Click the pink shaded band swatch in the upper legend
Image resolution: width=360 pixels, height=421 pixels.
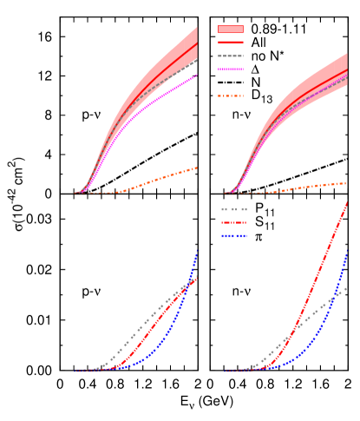pyautogui.click(x=230, y=29)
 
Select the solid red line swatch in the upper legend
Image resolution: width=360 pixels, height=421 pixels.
pyautogui.click(x=230, y=42)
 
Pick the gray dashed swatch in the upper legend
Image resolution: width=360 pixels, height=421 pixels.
pyautogui.click(x=230, y=56)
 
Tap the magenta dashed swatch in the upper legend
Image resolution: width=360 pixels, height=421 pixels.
pyautogui.click(x=230, y=69)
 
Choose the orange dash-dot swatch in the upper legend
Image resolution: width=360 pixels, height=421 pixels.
pyautogui.click(x=230, y=95)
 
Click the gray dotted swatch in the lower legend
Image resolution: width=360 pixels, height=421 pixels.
pyautogui.click(x=233, y=209)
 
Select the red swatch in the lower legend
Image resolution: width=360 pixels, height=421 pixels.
pyautogui.click(x=233, y=222)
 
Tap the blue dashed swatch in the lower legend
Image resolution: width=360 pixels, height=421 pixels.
pyautogui.click(x=233, y=235)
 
